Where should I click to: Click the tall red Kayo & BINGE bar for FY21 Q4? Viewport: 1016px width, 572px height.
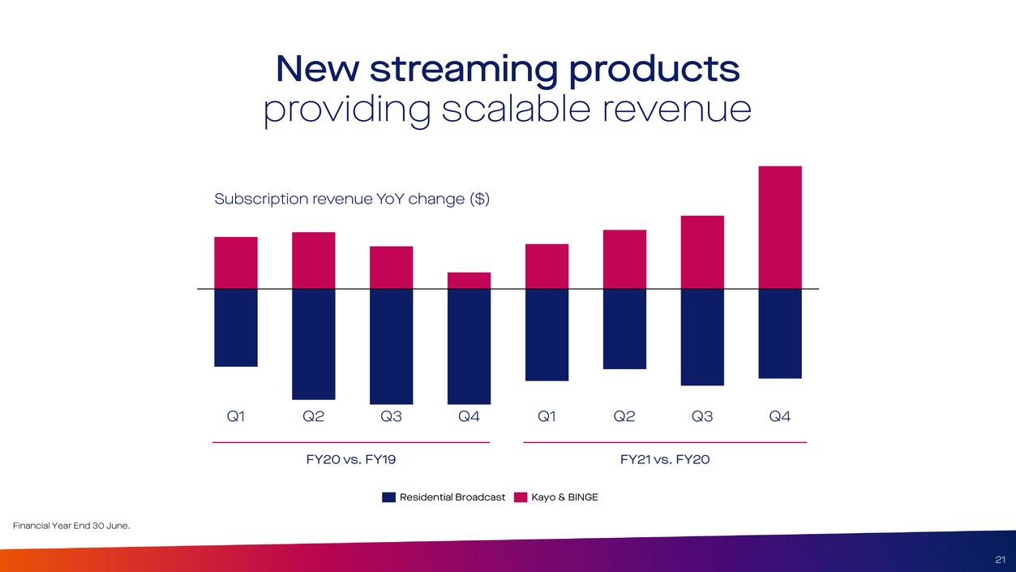780,227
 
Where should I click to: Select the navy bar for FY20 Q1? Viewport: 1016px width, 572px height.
236,328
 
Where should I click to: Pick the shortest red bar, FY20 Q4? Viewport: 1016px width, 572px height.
469,281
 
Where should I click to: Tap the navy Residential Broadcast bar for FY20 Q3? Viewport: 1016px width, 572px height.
392,346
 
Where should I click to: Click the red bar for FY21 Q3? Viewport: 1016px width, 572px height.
702,252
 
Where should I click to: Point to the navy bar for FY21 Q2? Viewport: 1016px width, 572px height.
624,329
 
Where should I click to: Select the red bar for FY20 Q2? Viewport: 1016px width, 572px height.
314,260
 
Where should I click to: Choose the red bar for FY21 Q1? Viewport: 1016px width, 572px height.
547,266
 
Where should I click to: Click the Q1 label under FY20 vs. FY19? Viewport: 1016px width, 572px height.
236,417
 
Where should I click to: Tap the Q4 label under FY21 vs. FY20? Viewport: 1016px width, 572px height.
780,417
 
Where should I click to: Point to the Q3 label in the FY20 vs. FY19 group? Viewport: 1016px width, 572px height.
392,417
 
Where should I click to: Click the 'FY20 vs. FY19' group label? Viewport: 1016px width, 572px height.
350,460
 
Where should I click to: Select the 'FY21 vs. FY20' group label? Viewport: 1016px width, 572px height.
665,460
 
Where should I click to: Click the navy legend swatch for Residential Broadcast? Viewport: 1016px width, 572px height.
388,497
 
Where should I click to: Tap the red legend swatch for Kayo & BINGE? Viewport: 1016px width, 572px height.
521,497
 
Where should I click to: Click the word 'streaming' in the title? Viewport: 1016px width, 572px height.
463,70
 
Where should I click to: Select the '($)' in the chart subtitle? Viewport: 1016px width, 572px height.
479,199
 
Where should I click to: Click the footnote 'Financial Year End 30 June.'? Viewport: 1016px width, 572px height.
72,527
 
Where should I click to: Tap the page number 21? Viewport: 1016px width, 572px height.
1000,559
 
